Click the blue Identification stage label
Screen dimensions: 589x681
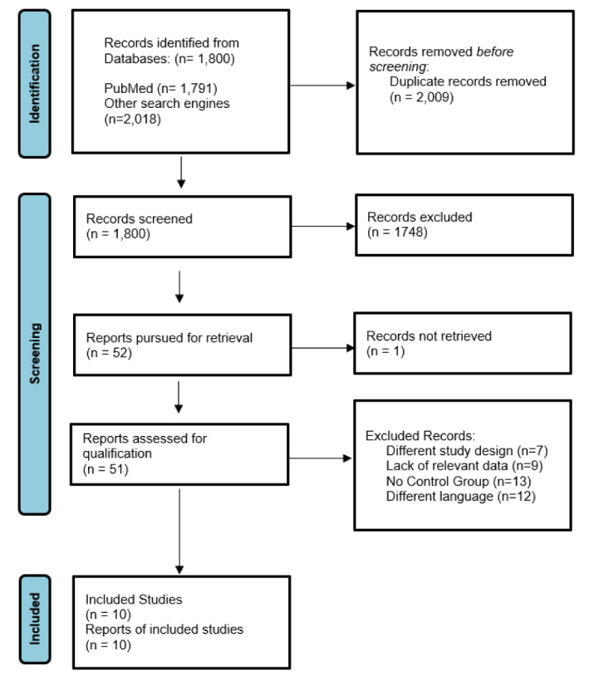35,83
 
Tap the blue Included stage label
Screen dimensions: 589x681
35,619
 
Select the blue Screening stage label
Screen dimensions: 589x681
35,354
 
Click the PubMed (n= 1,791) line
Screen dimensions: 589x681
160,88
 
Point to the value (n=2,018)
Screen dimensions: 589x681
132,119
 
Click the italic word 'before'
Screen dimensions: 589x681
495,51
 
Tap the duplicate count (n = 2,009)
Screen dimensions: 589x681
421,97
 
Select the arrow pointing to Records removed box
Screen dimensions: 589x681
322,86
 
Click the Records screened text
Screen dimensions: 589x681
139,218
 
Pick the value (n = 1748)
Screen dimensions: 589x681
397,232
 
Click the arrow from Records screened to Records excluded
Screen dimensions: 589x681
323,226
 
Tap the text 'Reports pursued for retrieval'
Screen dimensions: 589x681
169,337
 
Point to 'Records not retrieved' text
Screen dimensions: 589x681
429,336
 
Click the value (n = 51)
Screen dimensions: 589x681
106,469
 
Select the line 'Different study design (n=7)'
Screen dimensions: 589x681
467,451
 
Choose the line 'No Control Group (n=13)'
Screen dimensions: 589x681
459,481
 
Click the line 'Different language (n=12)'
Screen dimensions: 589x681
461,497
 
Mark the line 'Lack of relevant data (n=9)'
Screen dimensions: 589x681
464,466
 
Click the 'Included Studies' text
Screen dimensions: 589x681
134,600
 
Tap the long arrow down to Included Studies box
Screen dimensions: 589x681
179,532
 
